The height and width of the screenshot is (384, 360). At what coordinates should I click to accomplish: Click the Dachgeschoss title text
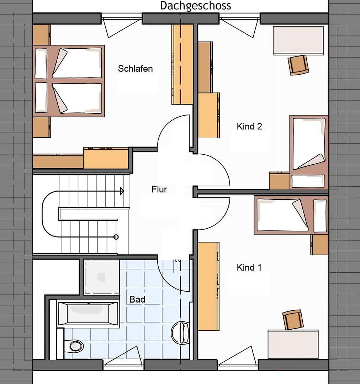pyautogui.click(x=195, y=6)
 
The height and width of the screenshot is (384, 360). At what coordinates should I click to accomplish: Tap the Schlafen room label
pyautogui.click(x=135, y=69)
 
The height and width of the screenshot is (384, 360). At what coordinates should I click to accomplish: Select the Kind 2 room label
pyautogui.click(x=249, y=126)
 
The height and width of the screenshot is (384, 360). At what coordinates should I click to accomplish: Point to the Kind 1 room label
pyautogui.click(x=249, y=267)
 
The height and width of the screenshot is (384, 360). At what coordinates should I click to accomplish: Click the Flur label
pyautogui.click(x=159, y=189)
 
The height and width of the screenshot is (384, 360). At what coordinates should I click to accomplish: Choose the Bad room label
pyautogui.click(x=137, y=299)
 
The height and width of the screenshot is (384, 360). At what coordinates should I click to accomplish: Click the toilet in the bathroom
pyautogui.click(x=75, y=345)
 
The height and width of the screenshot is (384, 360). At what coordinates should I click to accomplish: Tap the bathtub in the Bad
pyautogui.click(x=87, y=314)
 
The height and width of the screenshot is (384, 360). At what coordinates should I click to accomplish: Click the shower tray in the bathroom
pyautogui.click(x=102, y=277)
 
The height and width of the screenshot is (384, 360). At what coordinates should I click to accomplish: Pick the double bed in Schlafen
pyautogui.click(x=69, y=81)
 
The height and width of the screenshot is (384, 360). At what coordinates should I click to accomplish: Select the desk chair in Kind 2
pyautogui.click(x=298, y=65)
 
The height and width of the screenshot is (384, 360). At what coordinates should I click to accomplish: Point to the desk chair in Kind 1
pyautogui.click(x=293, y=320)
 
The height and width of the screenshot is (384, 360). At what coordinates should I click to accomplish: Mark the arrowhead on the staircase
pyautogui.click(x=122, y=191)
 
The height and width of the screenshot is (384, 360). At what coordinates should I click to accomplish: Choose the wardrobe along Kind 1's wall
pyautogui.click(x=208, y=286)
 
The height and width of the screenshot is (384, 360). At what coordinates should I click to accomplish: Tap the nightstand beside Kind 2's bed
pyautogui.click(x=279, y=181)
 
